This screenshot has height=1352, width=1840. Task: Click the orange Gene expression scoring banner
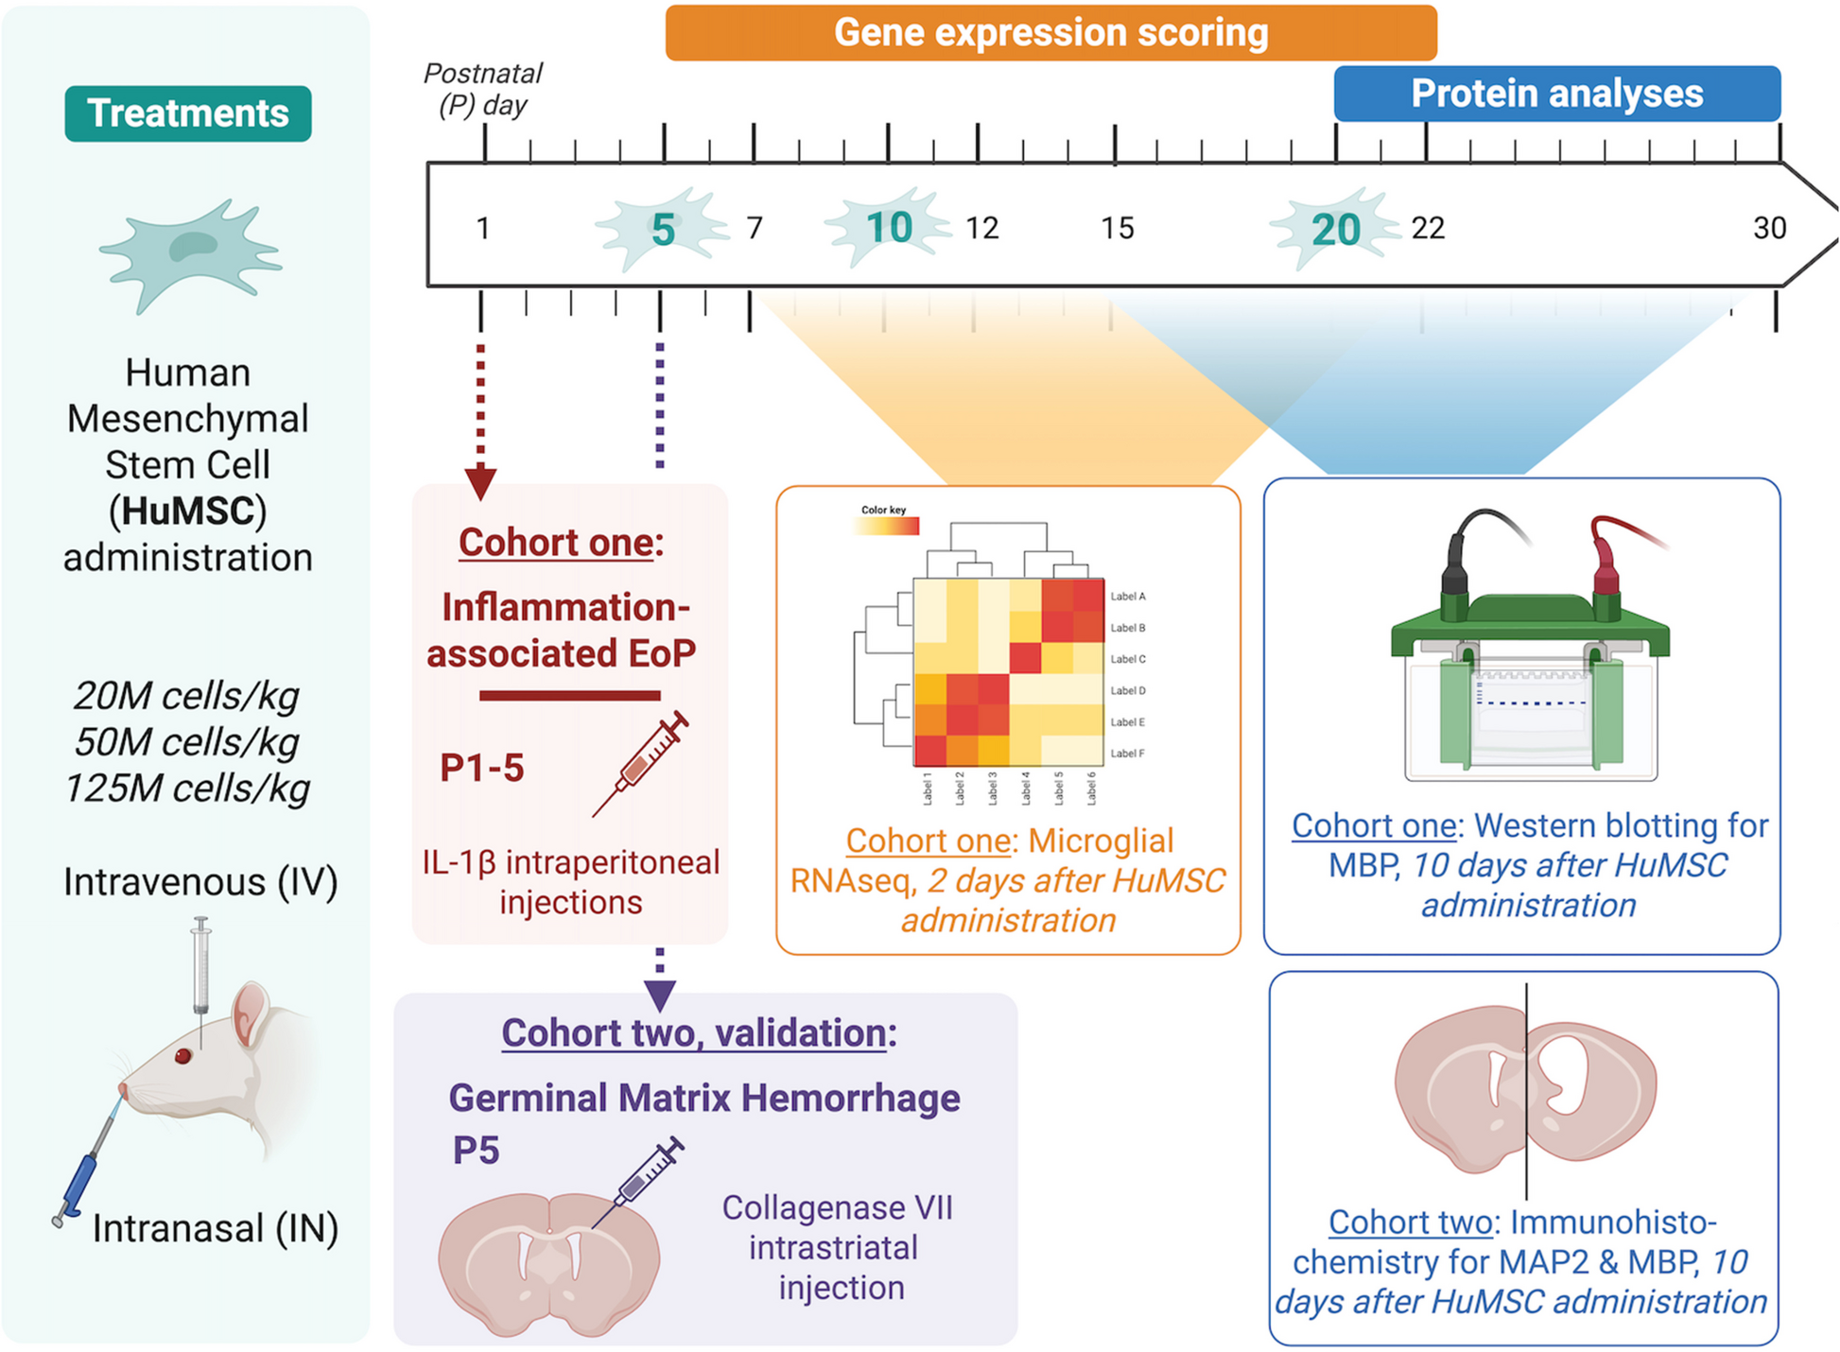(1050, 33)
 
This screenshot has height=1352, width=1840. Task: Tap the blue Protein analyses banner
(1556, 94)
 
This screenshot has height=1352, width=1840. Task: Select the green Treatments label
(188, 113)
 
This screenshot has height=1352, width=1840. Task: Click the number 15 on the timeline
(1117, 228)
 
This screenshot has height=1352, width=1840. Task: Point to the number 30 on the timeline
(1769, 228)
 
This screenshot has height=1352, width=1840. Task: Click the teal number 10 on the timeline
(889, 228)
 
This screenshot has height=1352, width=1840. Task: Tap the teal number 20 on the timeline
(1335, 230)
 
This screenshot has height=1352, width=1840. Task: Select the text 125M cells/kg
(187, 788)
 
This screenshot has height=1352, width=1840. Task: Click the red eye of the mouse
(183, 1055)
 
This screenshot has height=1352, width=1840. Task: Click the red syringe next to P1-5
(642, 761)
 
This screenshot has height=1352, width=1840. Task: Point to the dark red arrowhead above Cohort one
(480, 482)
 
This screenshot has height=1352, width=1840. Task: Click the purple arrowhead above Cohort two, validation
(659, 996)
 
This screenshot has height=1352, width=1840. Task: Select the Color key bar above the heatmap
(887, 526)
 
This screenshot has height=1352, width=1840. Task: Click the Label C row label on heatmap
(1127, 659)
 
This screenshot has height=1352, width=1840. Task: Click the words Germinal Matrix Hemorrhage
(703, 1098)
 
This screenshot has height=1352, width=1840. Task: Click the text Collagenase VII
(837, 1207)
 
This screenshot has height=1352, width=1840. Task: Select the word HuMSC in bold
(188, 511)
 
